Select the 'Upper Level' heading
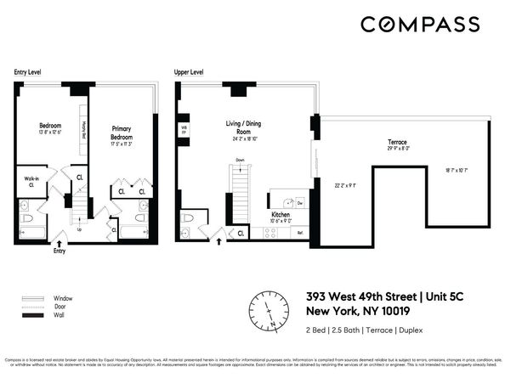[189, 72]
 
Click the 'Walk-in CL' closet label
[28, 181]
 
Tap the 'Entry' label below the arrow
[59, 251]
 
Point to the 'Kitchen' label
[281, 216]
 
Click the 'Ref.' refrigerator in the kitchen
[300, 232]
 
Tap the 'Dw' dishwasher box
[300, 203]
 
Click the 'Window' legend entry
[60, 298]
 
